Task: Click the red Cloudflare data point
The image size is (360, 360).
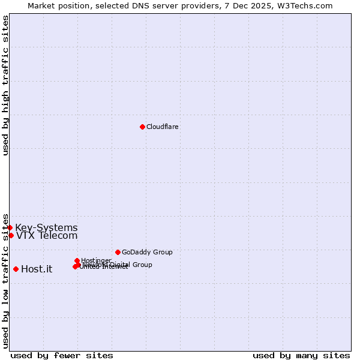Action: pos(142,127)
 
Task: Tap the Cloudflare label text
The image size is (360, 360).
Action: pos(163,127)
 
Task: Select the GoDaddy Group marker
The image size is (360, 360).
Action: pos(118,252)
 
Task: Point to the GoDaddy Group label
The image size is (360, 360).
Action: pos(147,252)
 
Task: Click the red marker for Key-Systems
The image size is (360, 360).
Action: pos(10,227)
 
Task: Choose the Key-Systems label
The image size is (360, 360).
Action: pos(46,227)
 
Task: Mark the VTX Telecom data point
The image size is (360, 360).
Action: pos(11,235)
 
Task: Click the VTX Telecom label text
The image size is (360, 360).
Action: pos(47,236)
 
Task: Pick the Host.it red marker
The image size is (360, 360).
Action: pos(16,269)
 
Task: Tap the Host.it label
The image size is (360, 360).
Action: pos(37,269)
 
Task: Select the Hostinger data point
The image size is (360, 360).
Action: pos(77,260)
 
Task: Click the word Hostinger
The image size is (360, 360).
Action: pos(96,260)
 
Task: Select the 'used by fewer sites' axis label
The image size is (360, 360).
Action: pos(62,355)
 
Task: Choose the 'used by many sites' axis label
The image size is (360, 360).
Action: pos(301,355)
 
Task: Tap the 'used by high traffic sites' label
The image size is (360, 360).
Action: pos(5,86)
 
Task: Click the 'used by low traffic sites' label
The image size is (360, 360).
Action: pos(5,280)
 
